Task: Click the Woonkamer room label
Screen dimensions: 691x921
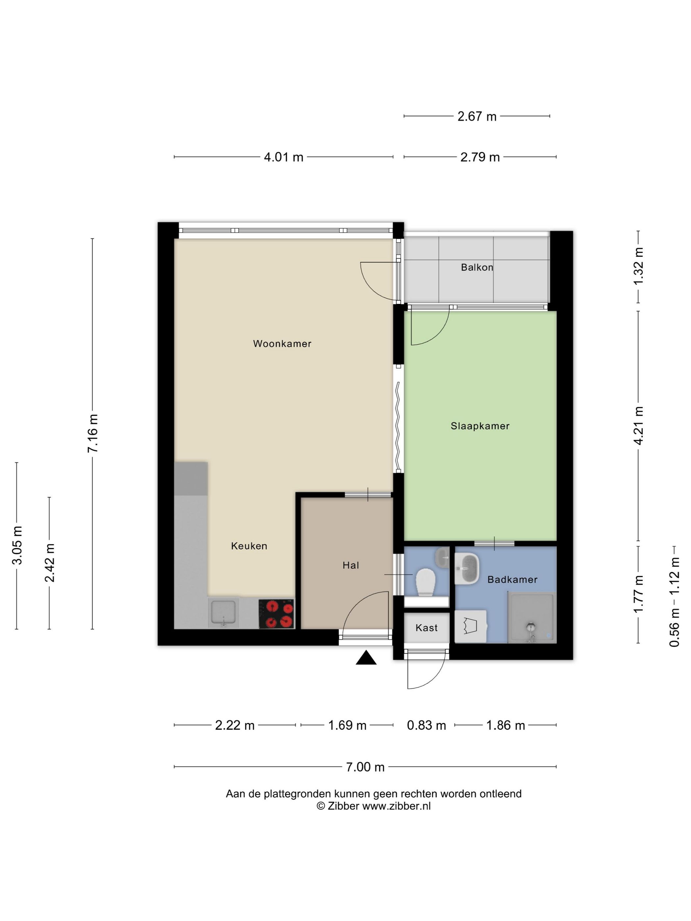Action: (x=282, y=343)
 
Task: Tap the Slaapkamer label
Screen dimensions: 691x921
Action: (x=480, y=426)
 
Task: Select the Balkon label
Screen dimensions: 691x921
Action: (x=477, y=267)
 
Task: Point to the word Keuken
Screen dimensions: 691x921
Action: (x=249, y=546)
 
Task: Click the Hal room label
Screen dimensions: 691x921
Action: (x=351, y=565)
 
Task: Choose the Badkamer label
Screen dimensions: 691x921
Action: (x=512, y=579)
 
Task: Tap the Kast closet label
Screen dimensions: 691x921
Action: (x=426, y=628)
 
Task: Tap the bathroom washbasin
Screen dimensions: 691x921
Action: (x=467, y=568)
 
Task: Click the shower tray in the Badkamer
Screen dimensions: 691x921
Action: (x=531, y=618)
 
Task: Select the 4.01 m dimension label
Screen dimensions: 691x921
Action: (x=284, y=157)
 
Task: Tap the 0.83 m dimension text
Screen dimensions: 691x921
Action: (x=426, y=725)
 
